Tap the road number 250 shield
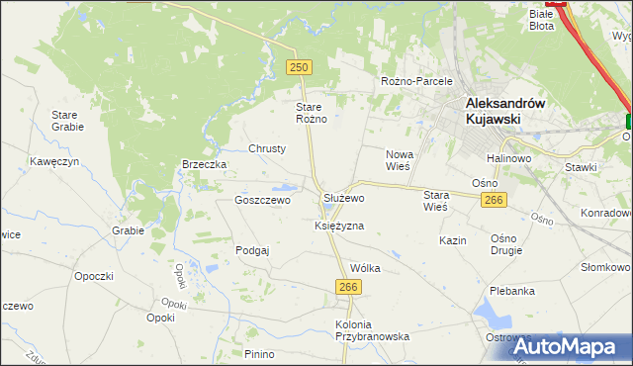[x=300, y=66]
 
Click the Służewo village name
[x=344, y=198]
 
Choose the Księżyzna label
[x=339, y=226]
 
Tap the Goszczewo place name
[x=262, y=200]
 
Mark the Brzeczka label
[x=205, y=164]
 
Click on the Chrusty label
[x=267, y=148]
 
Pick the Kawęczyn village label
[x=53, y=160]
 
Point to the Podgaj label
[x=252, y=251]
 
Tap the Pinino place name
[x=259, y=354]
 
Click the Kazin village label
[x=453, y=241]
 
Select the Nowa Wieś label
[x=399, y=160]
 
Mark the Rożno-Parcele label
[x=416, y=81]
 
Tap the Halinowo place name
[x=508, y=158]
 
